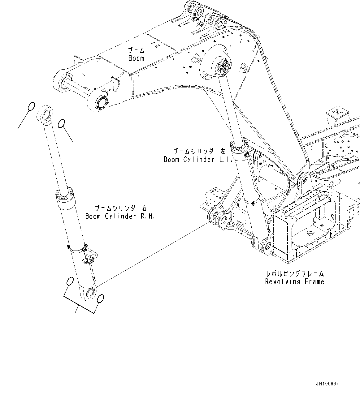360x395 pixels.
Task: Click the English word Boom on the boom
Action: (x=136, y=58)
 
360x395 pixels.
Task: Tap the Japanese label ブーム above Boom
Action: (x=136, y=50)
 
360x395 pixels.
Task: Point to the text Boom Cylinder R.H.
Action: (x=119, y=216)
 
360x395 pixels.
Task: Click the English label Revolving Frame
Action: (x=294, y=281)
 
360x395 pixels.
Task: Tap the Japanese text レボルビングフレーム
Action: (x=294, y=274)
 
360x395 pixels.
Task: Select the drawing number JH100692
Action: (x=327, y=384)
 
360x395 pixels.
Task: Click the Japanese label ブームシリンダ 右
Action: (x=119, y=208)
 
